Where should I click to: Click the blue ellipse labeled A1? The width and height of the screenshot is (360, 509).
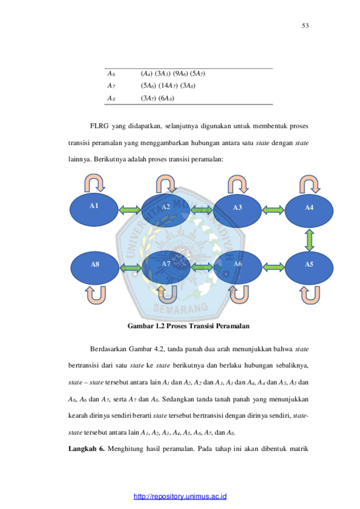pyautogui.click(x=94, y=210)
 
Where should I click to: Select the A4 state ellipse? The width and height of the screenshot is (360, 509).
pyautogui.click(x=309, y=211)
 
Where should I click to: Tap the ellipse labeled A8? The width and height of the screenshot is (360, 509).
pyautogui.click(x=95, y=268)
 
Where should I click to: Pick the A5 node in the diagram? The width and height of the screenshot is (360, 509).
pyautogui.click(x=309, y=268)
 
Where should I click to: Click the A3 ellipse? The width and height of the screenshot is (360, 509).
pyautogui.click(x=237, y=211)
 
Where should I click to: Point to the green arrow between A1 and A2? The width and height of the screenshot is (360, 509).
pyautogui.click(x=130, y=210)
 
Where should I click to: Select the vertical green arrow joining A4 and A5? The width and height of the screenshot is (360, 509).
pyautogui.click(x=310, y=240)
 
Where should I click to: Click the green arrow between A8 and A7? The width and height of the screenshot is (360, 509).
pyautogui.click(x=131, y=268)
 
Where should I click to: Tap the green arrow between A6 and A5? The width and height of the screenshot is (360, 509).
pyautogui.click(x=274, y=268)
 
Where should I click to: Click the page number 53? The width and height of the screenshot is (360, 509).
pyautogui.click(x=305, y=25)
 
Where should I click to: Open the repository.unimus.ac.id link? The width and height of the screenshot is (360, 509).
pyautogui.click(x=180, y=496)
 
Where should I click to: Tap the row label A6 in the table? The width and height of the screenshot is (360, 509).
pyautogui.click(x=111, y=74)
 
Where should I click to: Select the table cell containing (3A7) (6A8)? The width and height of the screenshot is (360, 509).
pyautogui.click(x=157, y=98)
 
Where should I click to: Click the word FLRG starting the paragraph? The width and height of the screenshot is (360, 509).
pyautogui.click(x=99, y=126)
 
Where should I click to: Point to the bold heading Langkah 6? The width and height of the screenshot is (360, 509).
pyautogui.click(x=86, y=449)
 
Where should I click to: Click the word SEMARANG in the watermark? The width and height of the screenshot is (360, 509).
pyautogui.click(x=181, y=308)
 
